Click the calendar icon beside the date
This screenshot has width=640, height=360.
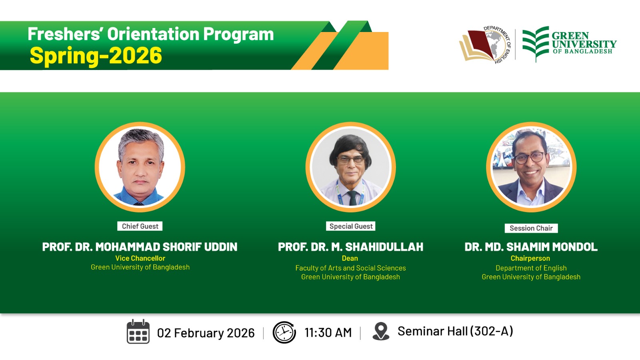point(138,332)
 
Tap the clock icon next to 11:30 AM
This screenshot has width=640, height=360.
point(284,332)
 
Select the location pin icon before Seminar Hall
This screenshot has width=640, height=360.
point(381,331)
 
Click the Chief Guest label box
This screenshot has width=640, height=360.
point(140,226)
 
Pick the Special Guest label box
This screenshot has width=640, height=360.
point(351,226)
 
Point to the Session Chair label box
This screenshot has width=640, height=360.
point(531,228)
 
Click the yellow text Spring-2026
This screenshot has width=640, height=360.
point(96,55)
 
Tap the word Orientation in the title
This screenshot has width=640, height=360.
point(153,34)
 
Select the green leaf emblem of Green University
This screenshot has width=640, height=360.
point(536,44)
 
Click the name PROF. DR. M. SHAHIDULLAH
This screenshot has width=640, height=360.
point(350,247)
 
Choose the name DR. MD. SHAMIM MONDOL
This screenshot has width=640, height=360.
point(531,247)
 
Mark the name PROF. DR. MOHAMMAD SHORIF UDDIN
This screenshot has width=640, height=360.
point(140,247)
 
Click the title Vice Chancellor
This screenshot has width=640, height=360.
point(140,258)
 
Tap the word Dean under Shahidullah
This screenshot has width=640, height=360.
point(350,258)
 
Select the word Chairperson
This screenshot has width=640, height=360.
point(530,258)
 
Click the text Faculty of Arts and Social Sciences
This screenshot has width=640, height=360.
point(350,268)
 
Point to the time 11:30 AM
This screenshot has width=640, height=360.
point(328,332)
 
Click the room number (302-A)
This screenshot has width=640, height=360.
point(492,331)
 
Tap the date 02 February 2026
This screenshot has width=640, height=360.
point(206,333)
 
